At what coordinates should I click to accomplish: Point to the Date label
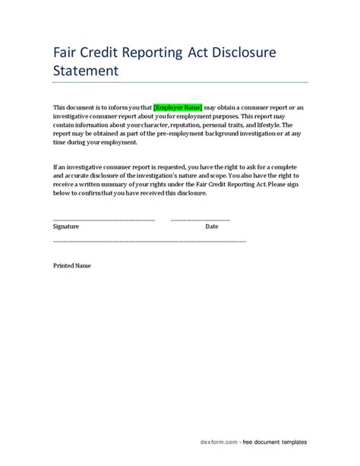click(212, 227)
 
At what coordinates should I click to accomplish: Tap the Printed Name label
click(72, 266)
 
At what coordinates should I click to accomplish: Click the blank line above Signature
click(103, 220)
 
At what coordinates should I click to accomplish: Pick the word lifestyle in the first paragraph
click(267, 124)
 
